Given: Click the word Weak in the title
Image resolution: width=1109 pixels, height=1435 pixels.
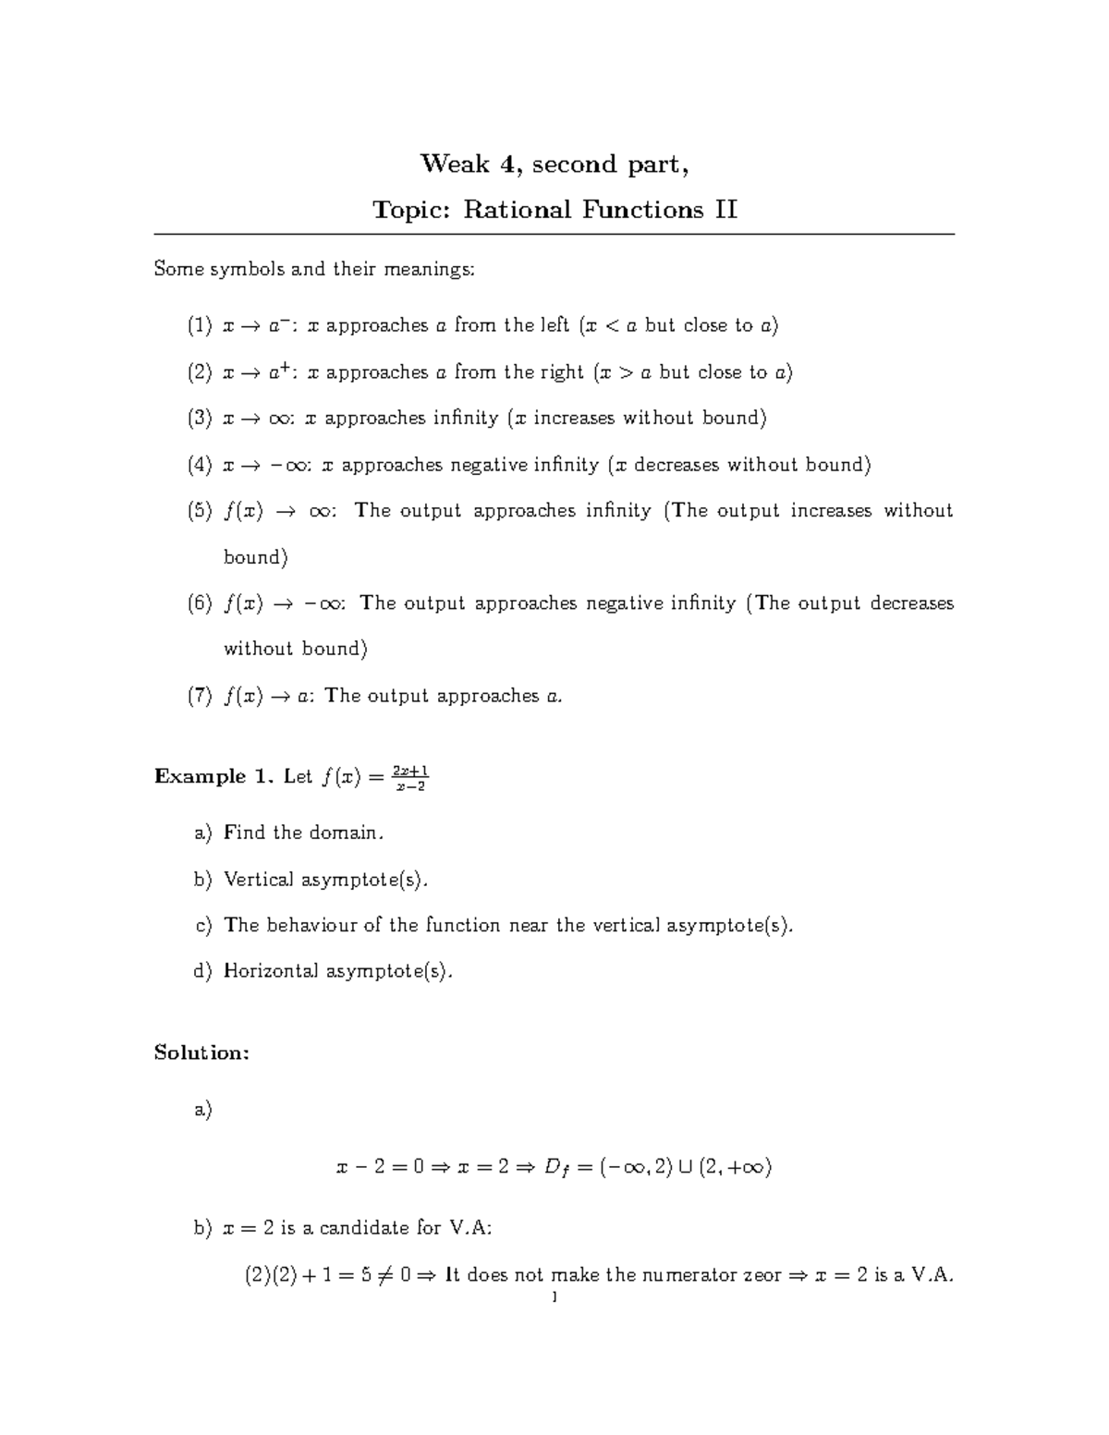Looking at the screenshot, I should pos(455,164).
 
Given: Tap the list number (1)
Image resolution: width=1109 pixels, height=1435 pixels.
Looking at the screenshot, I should pos(200,325).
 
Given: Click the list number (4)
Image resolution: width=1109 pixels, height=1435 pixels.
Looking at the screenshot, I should pos(200,465).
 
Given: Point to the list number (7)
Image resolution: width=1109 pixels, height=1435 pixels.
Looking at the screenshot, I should pos(200,696).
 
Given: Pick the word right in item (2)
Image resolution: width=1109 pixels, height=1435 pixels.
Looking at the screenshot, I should pos(562,372).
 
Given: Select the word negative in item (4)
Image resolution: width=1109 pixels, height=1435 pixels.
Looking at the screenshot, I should pos(488,465).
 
